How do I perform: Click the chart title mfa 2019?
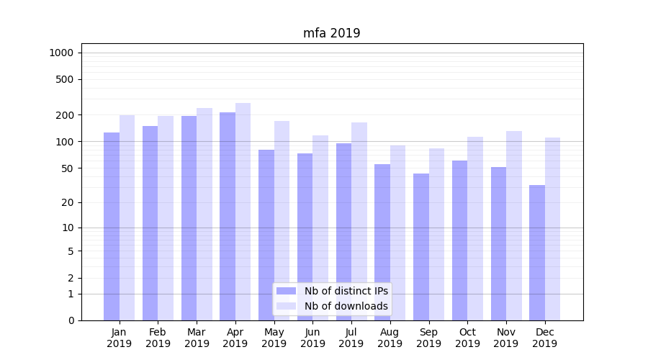(x=331, y=33)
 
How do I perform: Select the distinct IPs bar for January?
(x=112, y=226)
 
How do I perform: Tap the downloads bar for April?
(x=243, y=212)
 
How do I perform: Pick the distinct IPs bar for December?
(x=537, y=252)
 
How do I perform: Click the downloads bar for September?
(x=436, y=234)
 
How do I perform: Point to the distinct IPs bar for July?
(x=343, y=231)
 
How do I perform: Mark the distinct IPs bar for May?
(x=266, y=235)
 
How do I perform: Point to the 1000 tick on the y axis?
(x=61, y=53)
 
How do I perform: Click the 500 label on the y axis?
(x=66, y=79)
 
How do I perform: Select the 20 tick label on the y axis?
(x=68, y=202)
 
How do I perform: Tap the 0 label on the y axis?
(x=71, y=320)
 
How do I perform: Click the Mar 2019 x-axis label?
(x=197, y=338)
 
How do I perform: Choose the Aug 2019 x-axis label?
(x=390, y=338)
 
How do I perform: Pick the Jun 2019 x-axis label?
(x=312, y=338)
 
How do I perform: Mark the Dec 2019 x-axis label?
(x=545, y=338)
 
